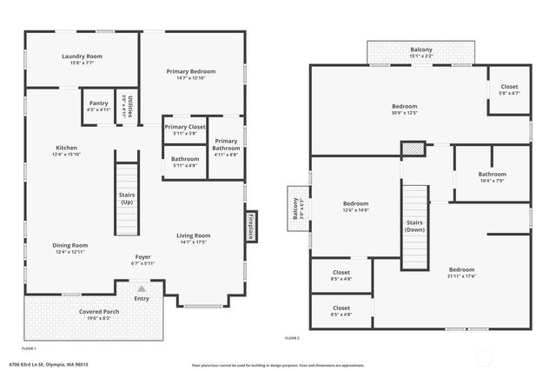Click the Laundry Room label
point(82,59)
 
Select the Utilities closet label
point(126,104)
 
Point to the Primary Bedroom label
point(191,74)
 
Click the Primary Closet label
point(184,129)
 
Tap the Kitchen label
point(66,150)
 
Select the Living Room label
point(194,238)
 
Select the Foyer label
point(142,260)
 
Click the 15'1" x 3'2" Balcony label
point(420,53)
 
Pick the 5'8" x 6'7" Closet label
point(509,89)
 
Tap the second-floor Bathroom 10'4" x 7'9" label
point(492,176)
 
